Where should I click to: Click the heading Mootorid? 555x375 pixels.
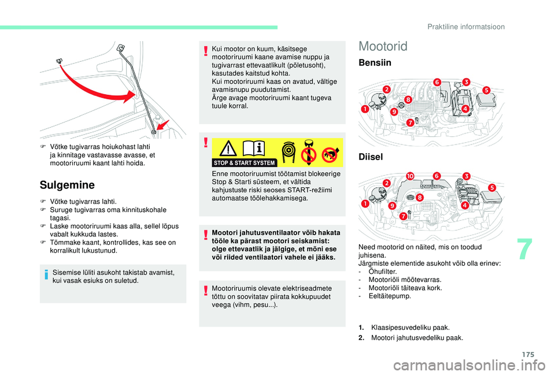383,46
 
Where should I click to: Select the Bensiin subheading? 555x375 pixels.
375,62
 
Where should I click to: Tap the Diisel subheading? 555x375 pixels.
370,157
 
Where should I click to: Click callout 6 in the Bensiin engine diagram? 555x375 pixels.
437,83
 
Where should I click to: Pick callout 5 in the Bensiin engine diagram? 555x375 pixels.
486,90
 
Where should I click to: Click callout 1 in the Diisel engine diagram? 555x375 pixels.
365,204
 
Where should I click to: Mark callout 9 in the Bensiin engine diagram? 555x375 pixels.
394,112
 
